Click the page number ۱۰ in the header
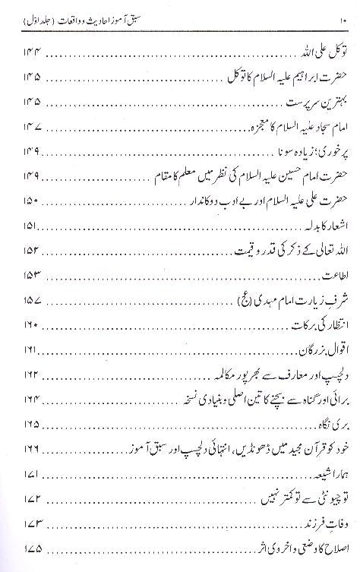pyautogui.click(x=20, y=14)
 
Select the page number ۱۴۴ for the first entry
pyautogui.click(x=29, y=52)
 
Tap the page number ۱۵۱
pyautogui.click(x=28, y=226)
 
